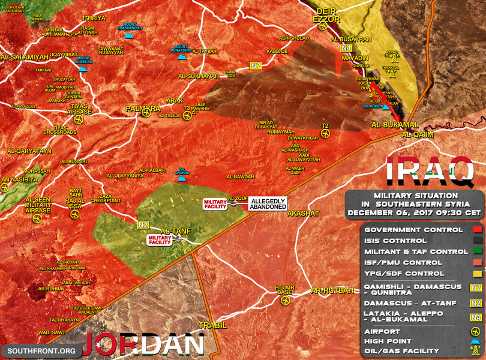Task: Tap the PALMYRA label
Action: pyautogui.click(x=142, y=109)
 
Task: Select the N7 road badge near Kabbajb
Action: pyautogui.click(x=257, y=66)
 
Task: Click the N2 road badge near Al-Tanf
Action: pyautogui.click(x=142, y=225)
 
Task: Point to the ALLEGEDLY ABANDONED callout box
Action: pyautogui.click(x=268, y=203)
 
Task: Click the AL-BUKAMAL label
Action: pyautogui.click(x=395, y=124)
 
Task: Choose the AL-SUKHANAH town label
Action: pyautogui.click(x=199, y=77)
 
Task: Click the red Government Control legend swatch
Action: pyautogui.click(x=475, y=230)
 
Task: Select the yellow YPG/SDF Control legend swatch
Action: pyautogui.click(x=475, y=274)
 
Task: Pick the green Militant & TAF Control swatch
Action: pyautogui.click(x=475, y=252)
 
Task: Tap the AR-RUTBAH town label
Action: pyautogui.click(x=332, y=290)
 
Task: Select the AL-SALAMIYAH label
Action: pyautogui.click(x=22, y=58)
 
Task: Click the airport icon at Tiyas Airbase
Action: pyautogui.click(x=79, y=119)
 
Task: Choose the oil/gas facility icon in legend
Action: pyautogui.click(x=475, y=351)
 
